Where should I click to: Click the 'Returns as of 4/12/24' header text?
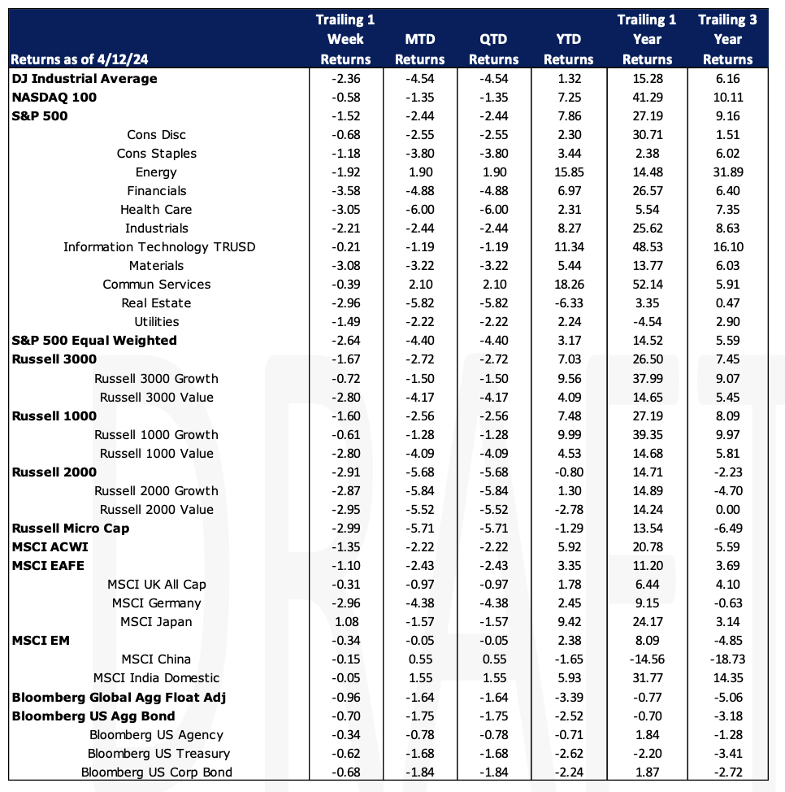point(80,59)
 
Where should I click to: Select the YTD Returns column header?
point(568,50)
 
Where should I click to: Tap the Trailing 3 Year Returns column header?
point(727,40)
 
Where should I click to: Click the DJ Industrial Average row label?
point(85,79)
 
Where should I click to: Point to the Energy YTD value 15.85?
point(569,172)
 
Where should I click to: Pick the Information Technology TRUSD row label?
point(159,247)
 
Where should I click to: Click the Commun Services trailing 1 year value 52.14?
point(647,285)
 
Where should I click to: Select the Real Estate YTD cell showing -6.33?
point(569,303)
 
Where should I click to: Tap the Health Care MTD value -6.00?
point(420,210)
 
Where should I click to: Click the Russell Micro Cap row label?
point(71,529)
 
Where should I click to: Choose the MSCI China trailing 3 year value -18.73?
point(727,659)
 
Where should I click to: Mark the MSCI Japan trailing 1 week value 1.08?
point(346,622)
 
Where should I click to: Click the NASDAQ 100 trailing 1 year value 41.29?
point(647,98)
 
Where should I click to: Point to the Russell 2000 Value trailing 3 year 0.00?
point(727,510)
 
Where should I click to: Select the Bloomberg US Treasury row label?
point(158,754)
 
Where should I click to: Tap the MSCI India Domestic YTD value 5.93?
point(569,678)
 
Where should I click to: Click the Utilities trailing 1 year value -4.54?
point(647,322)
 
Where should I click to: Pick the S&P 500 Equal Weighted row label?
point(94,341)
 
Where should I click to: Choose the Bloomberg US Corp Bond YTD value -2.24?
point(569,772)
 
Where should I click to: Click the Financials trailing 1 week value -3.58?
point(346,191)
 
